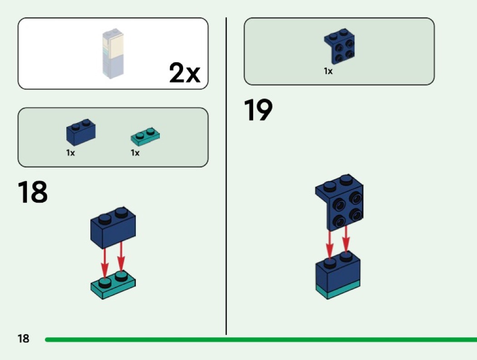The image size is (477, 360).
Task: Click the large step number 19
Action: [x=258, y=111]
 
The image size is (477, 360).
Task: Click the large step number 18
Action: [x=33, y=192]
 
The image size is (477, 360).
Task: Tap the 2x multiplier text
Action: [x=184, y=73]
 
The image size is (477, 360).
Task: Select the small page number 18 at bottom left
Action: [x=23, y=338]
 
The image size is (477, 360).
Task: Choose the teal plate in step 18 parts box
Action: [x=145, y=135]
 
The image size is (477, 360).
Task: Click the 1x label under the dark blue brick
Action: [x=70, y=153]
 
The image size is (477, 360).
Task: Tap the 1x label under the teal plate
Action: [x=135, y=153]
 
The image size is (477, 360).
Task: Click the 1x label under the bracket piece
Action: [x=328, y=71]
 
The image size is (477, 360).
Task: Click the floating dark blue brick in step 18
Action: [x=113, y=227]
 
